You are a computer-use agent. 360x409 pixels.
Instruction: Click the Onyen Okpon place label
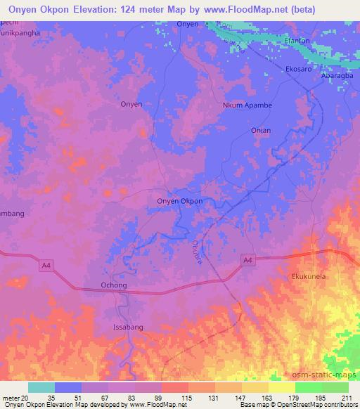pyautogui.click(x=179, y=201)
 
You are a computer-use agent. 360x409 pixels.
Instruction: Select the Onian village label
pyautogui.click(x=260, y=131)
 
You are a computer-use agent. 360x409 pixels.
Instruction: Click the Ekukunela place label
pyautogui.click(x=309, y=277)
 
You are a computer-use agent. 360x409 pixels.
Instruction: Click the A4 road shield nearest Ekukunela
pyautogui.click(x=247, y=260)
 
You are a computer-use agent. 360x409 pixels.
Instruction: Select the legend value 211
pyautogui.click(x=346, y=397)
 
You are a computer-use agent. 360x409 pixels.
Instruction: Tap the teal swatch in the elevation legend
pyautogui.click(x=41, y=387)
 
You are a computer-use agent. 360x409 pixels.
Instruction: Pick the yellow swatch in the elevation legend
pyautogui.click(x=281, y=387)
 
